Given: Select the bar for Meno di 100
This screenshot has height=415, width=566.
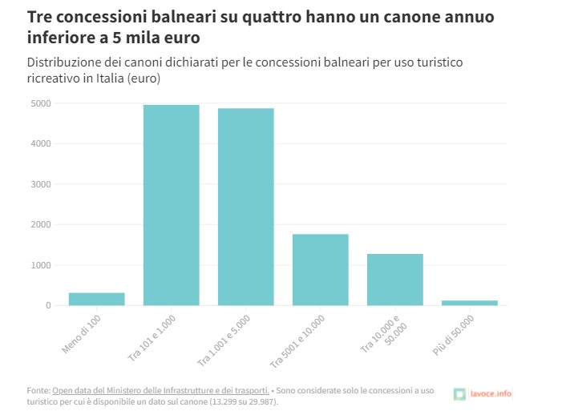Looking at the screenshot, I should (x=96, y=299).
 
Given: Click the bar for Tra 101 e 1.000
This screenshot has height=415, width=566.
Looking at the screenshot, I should (x=171, y=205).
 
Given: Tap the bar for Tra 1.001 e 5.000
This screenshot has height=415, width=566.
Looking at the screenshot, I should (x=245, y=207).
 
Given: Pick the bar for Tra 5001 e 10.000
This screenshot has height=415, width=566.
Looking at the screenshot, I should (x=320, y=269).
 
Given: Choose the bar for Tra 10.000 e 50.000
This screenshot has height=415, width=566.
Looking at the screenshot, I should (x=394, y=280).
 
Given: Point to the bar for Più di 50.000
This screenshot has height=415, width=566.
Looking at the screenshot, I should (x=469, y=303).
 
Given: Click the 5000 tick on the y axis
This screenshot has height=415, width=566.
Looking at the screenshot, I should (x=41, y=103).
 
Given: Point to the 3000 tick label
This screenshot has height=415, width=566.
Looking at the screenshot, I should (x=41, y=184).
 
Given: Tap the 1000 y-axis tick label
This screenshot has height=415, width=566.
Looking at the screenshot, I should (x=41, y=265).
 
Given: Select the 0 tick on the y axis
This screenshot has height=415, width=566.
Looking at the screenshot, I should (x=48, y=305).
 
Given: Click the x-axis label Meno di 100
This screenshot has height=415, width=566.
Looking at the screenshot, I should (x=82, y=333).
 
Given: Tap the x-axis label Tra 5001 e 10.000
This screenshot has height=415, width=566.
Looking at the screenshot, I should (x=299, y=340).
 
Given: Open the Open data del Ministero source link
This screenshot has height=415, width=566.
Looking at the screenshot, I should (x=160, y=390).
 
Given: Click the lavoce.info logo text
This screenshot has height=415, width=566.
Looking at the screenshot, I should (x=490, y=393).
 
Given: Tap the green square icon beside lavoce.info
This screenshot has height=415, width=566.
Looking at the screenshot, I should (x=459, y=393).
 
